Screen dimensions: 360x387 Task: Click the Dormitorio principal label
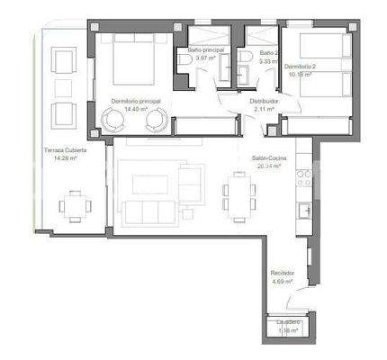(x=136, y=101)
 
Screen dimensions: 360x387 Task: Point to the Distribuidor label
(x=264, y=102)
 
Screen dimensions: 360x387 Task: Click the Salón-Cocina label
(x=269, y=158)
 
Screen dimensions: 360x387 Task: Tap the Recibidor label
(x=283, y=273)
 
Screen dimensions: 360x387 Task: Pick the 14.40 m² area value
(x=136, y=109)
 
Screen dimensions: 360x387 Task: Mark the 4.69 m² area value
(x=283, y=281)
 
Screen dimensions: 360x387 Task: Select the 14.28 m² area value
(x=65, y=158)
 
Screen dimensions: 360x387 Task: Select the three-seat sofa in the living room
(x=149, y=212)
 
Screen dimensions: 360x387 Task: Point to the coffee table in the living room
(x=149, y=184)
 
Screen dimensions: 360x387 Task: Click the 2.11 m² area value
(x=264, y=110)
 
